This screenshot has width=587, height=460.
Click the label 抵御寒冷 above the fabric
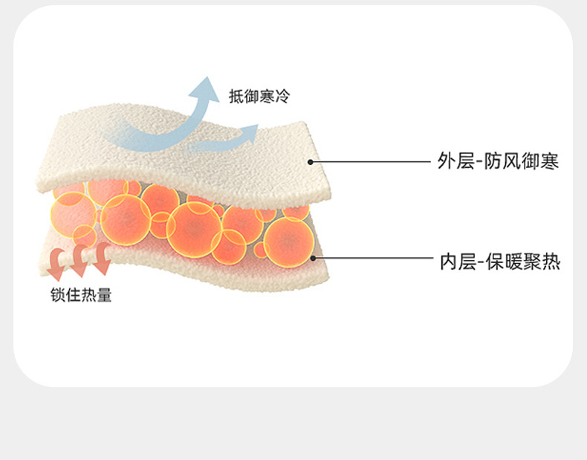pos(259,97)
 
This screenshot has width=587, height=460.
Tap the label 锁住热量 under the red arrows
pos(81,296)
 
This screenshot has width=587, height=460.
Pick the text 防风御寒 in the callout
pos(524,161)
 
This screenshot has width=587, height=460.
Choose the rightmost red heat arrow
pos(100,263)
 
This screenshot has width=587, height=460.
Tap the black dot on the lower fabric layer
pos(314,259)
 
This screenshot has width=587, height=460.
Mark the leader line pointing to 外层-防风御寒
pos(372,161)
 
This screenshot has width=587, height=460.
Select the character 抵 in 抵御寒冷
pos(236,97)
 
